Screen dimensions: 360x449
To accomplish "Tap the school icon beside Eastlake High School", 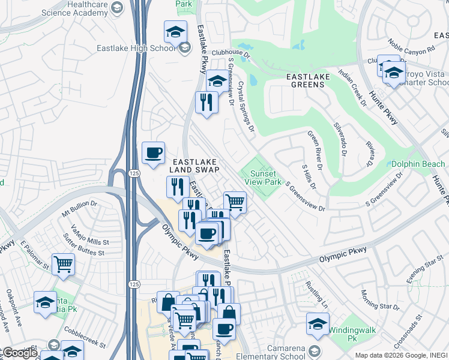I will (175, 32).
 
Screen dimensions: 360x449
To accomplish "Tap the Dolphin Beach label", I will (418, 164).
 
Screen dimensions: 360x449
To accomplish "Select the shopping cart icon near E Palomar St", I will (63, 264).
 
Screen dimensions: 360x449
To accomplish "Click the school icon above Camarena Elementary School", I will (318, 324).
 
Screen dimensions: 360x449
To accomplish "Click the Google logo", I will (20, 353).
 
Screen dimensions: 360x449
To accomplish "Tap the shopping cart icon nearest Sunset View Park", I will (235, 203).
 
